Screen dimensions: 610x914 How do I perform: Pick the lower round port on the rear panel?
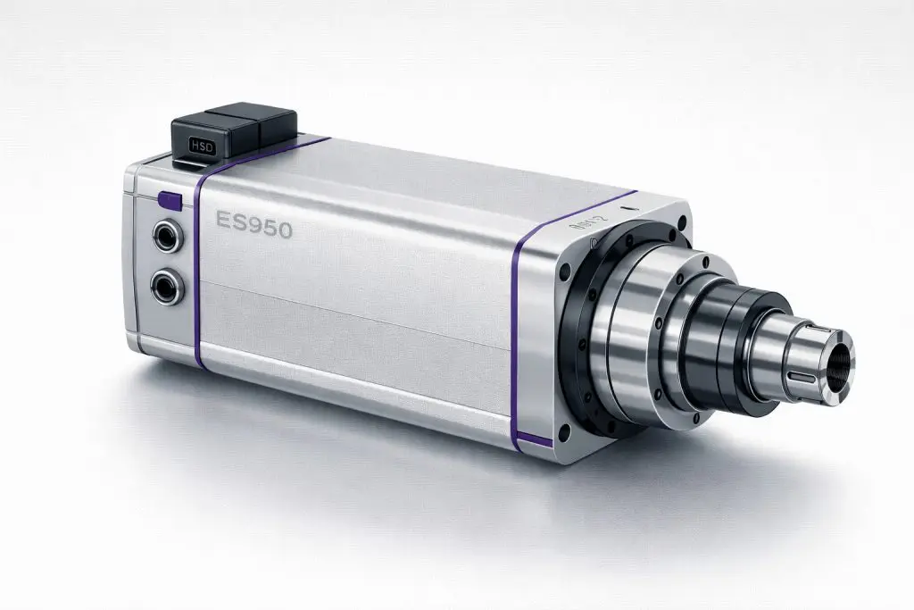165,287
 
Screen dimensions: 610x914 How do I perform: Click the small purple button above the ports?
169,201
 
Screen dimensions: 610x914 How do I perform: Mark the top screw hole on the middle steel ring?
705,262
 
